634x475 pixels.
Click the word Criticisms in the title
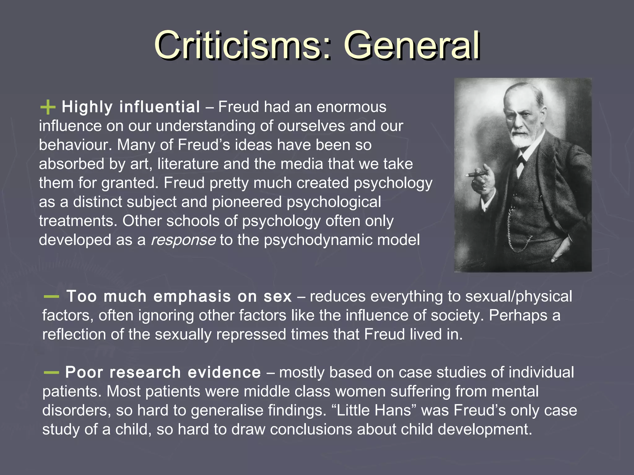click(x=238, y=46)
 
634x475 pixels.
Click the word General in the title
click(x=412, y=46)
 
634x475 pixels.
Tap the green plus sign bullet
click(x=48, y=107)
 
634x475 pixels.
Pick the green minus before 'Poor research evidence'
click(x=51, y=373)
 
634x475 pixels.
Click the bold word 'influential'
click(x=160, y=107)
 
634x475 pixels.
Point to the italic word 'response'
click(x=183, y=240)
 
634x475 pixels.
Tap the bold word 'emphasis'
click(x=192, y=297)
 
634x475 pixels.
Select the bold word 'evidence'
click(x=224, y=372)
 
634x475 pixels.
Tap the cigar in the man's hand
click(x=474, y=175)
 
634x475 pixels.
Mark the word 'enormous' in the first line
click(x=351, y=107)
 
